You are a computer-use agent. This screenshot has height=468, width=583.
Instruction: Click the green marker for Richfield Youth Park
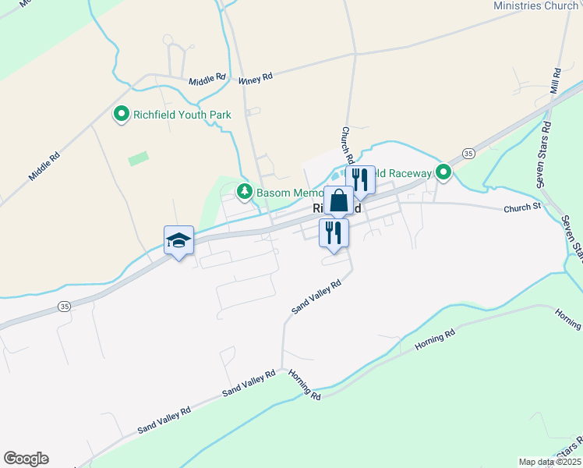pyautogui.click(x=121, y=115)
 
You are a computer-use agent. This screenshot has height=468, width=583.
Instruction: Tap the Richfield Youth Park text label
pyautogui.click(x=182, y=115)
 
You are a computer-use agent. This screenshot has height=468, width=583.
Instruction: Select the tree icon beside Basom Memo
pyautogui.click(x=245, y=192)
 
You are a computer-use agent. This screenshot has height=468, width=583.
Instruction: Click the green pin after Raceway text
pyautogui.click(x=443, y=172)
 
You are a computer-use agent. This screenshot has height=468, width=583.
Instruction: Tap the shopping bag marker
pyautogui.click(x=339, y=201)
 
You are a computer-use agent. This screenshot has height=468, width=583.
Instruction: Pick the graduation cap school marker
pyautogui.click(x=178, y=240)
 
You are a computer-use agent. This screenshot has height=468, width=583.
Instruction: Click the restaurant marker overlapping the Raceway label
pyautogui.click(x=360, y=179)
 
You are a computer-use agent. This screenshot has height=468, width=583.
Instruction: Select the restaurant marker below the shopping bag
pyautogui.click(x=334, y=232)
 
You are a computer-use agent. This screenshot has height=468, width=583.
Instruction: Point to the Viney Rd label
pyautogui.click(x=256, y=77)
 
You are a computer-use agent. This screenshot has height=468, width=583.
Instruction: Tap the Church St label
pyautogui.click(x=522, y=208)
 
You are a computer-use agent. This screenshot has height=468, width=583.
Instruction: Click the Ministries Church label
pyautogui.click(x=535, y=6)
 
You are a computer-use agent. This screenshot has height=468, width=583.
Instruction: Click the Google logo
pyautogui.click(x=26, y=459)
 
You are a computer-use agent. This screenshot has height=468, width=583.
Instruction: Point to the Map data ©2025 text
pyautogui.click(x=548, y=462)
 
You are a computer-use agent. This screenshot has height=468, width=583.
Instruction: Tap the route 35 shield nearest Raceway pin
pyautogui.click(x=468, y=154)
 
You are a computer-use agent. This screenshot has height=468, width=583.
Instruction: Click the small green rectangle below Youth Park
pyautogui.click(x=138, y=158)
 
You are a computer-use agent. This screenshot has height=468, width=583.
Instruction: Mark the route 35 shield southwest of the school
pyautogui.click(x=64, y=307)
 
